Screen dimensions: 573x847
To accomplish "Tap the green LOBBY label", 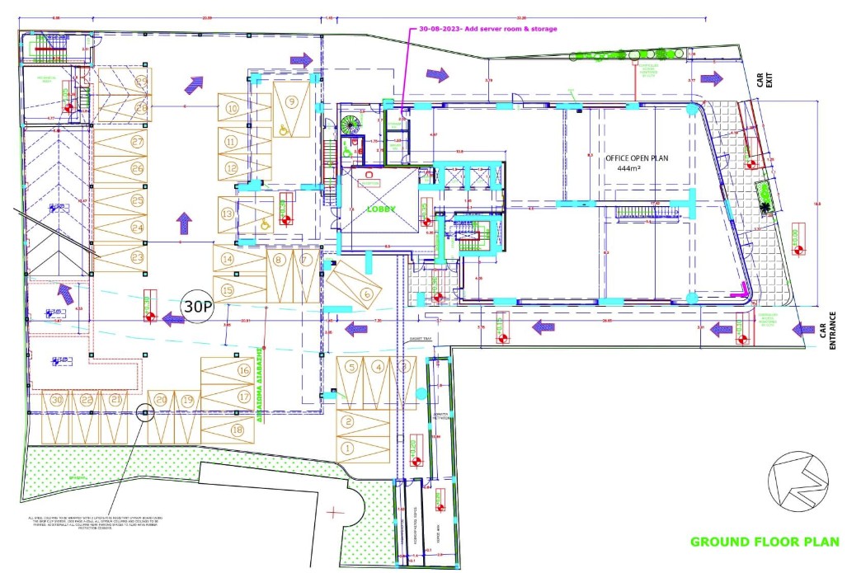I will [x=380, y=210].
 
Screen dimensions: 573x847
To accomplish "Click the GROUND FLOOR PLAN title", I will [x=765, y=542].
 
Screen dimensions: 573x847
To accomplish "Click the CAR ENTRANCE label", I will [x=827, y=330].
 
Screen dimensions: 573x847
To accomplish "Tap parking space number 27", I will [x=137, y=142].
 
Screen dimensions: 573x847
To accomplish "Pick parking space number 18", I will [x=238, y=429].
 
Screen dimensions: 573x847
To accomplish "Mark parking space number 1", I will [x=347, y=448].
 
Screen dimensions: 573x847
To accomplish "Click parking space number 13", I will [x=227, y=214].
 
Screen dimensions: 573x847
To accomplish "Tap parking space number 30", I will [x=56, y=399].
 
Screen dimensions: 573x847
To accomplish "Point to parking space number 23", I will [x=137, y=257].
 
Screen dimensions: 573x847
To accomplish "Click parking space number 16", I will [x=244, y=371].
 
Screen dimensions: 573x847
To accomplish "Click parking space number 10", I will [x=233, y=108].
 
